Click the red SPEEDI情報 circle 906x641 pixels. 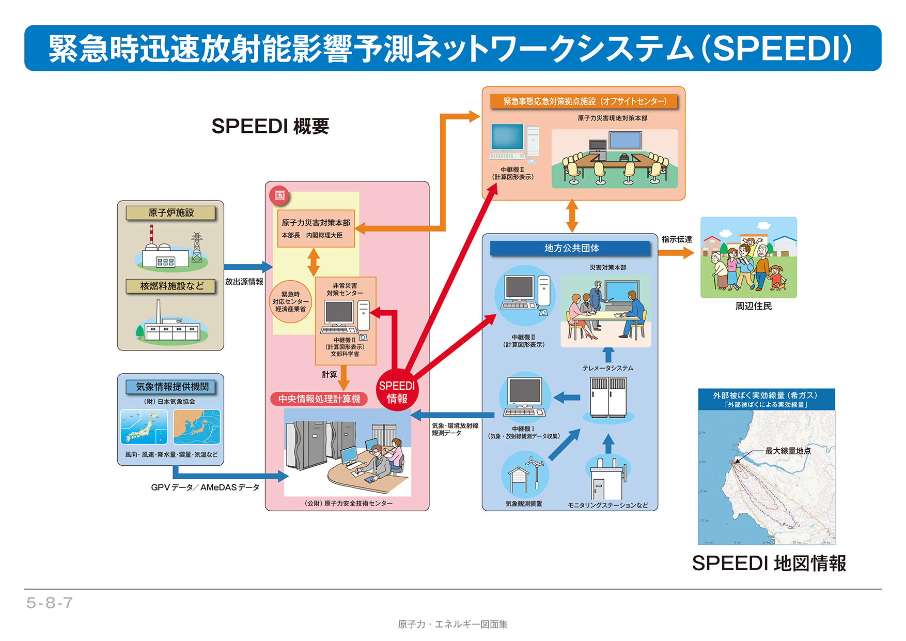[397, 391]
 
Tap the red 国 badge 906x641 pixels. [279, 195]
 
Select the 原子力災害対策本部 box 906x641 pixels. [316, 228]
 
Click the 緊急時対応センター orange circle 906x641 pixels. [290, 301]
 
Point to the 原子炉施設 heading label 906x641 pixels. [170, 212]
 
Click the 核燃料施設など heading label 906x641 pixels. [170, 286]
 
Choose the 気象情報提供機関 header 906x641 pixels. [171, 387]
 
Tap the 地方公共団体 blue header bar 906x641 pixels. [570, 248]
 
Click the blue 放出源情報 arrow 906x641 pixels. [247, 267]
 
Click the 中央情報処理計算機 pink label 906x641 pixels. [319, 399]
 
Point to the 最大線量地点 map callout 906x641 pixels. [787, 451]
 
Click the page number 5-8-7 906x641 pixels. [50, 603]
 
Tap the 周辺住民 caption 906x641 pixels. [754, 306]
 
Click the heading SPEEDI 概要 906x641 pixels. [270, 126]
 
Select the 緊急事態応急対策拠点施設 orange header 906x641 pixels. [584, 101]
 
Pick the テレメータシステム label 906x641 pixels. [607, 368]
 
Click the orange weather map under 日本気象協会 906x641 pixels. [196, 426]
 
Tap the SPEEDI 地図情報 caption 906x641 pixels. [769, 563]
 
